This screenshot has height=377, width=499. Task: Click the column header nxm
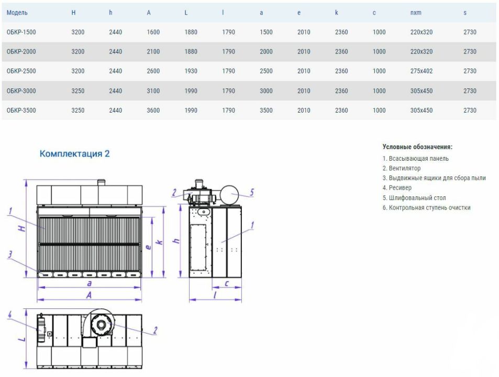click(416, 13)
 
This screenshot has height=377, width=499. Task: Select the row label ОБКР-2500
click(21, 71)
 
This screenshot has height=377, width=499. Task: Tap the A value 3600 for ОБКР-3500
click(153, 110)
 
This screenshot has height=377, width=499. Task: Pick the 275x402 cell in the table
click(422, 71)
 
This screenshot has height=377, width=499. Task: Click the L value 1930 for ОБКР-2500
click(191, 71)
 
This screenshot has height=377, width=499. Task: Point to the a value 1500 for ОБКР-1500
click(266, 32)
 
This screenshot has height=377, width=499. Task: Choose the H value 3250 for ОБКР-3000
click(78, 91)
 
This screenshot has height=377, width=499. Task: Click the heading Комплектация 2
click(74, 153)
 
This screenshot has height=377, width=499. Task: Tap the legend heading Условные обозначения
click(417, 147)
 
